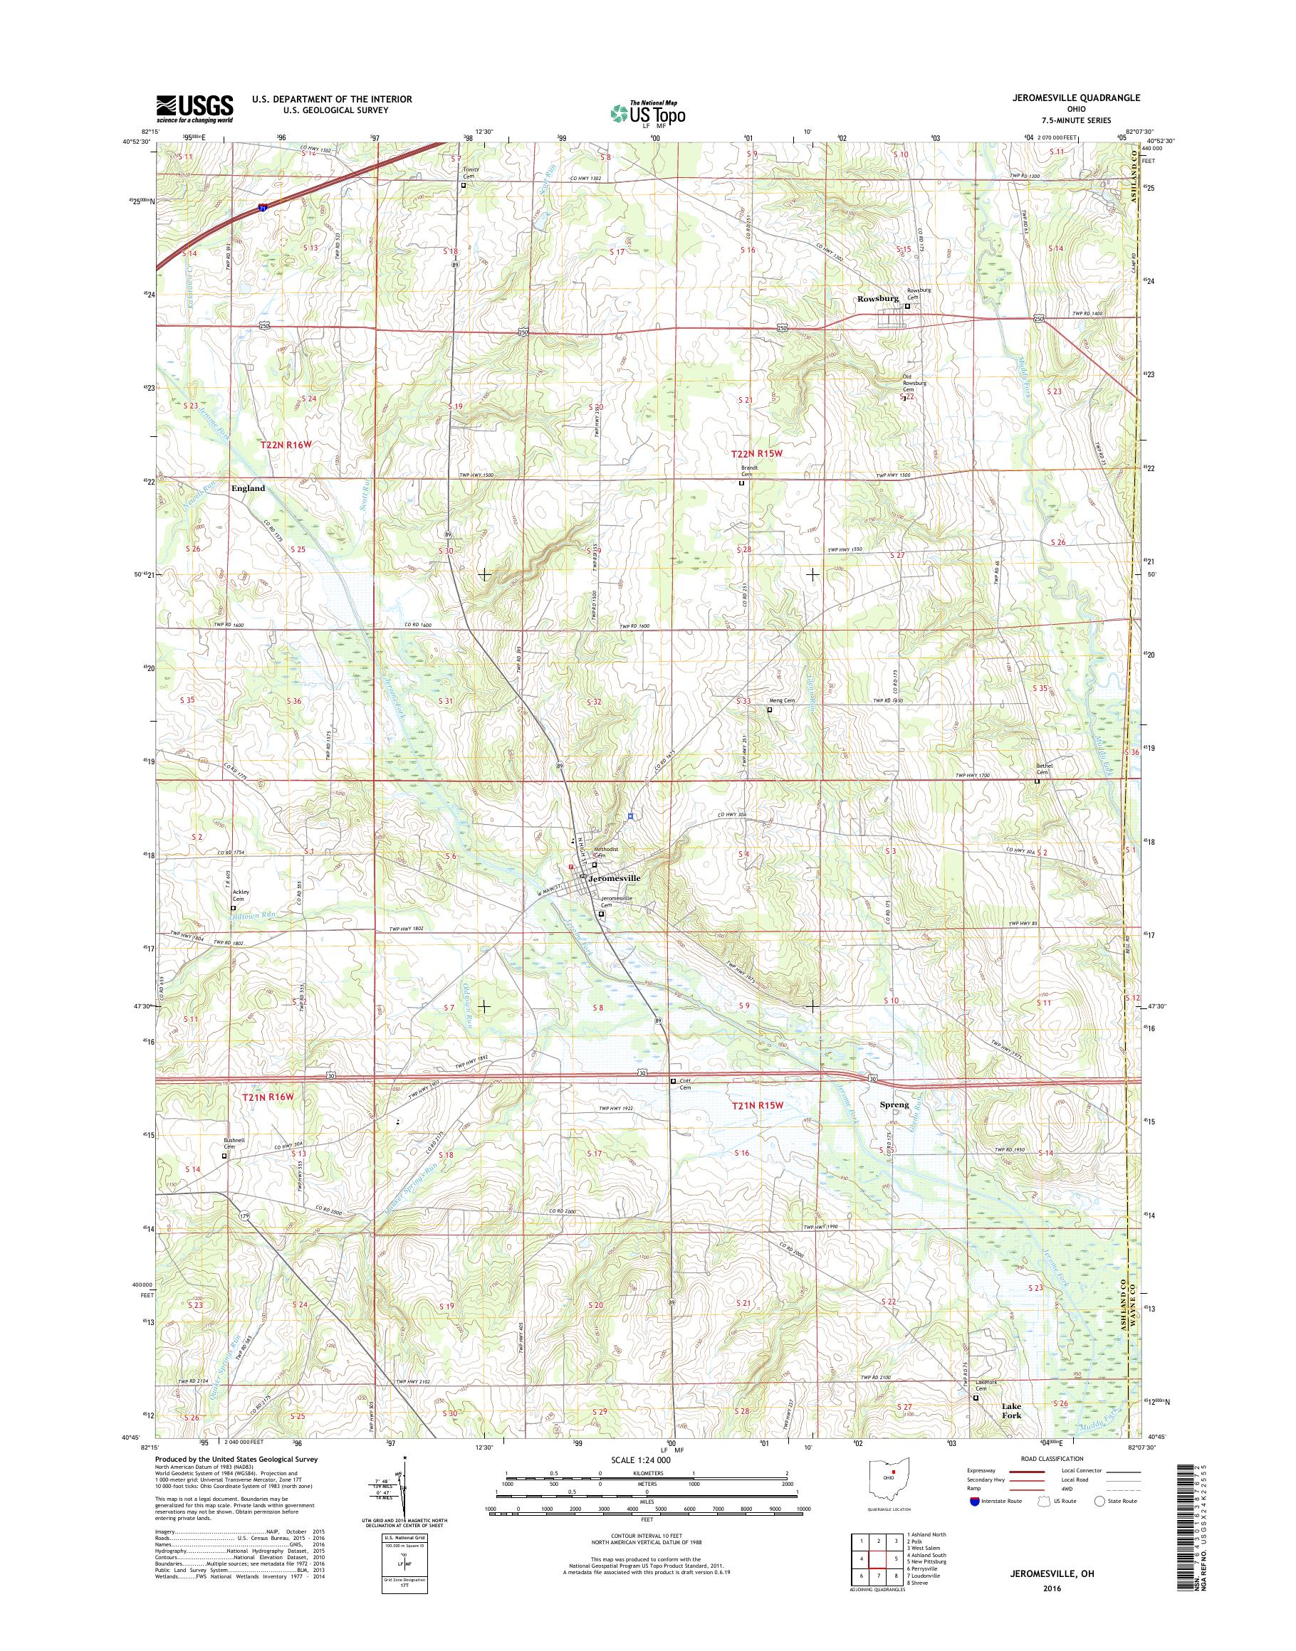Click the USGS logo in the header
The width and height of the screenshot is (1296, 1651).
pyautogui.click(x=194, y=108)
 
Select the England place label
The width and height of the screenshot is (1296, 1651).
pyautogui.click(x=248, y=488)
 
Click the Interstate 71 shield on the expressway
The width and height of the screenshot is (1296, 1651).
pyautogui.click(x=263, y=211)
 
